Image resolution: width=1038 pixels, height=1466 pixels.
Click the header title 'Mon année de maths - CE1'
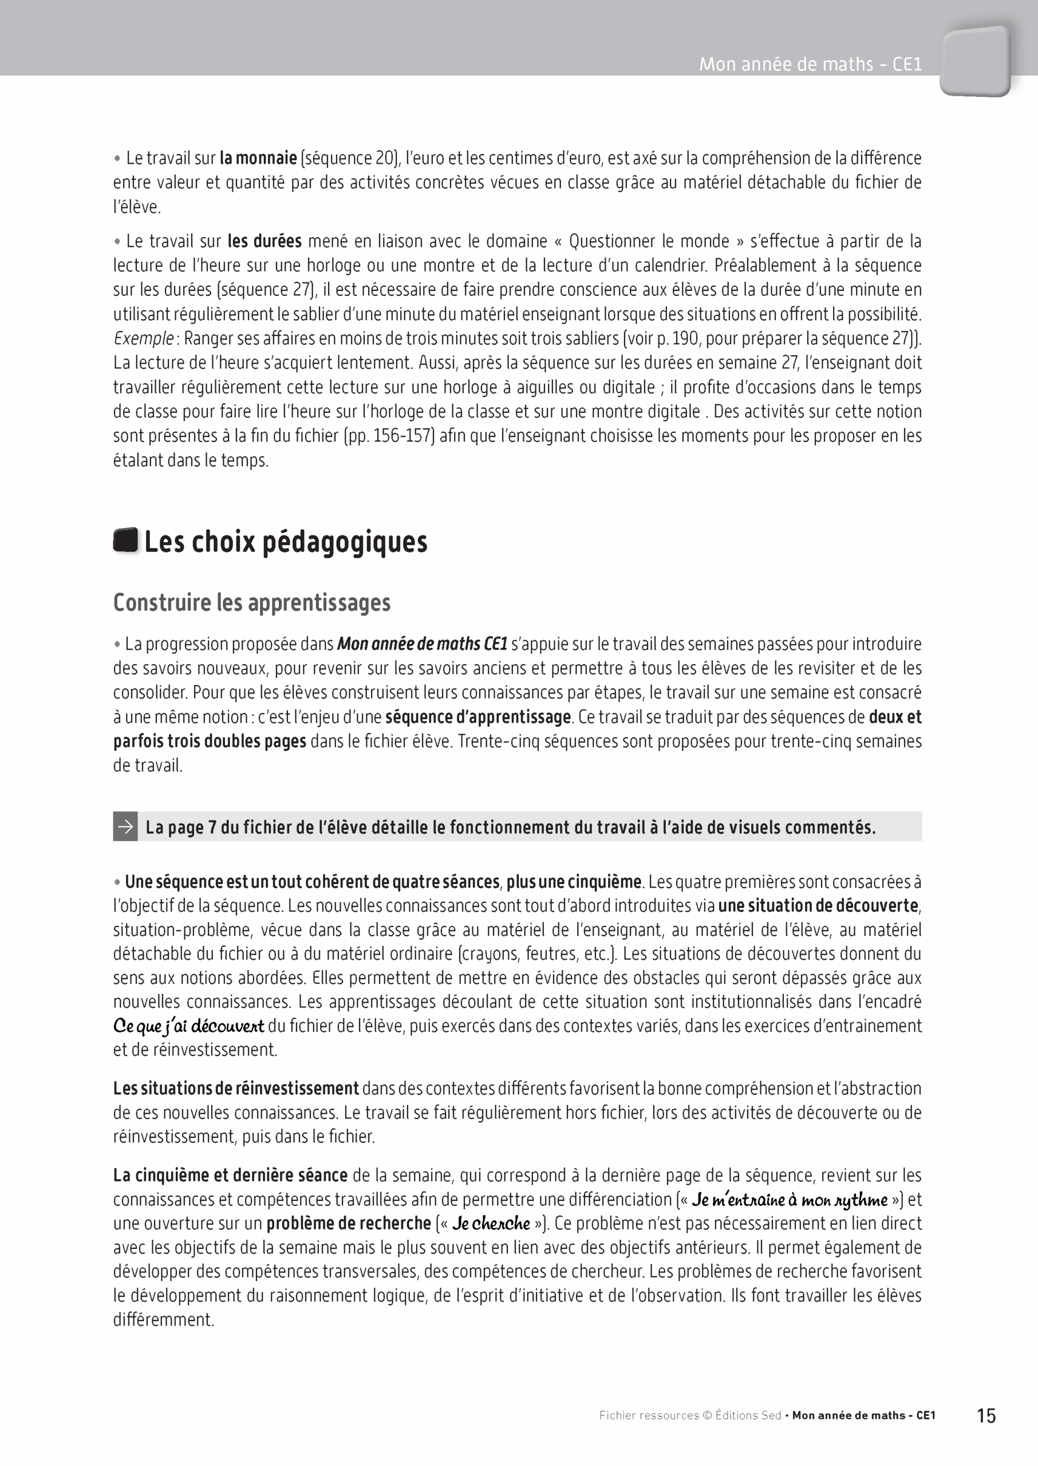810,65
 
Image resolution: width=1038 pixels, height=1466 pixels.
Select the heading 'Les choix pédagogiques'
286,542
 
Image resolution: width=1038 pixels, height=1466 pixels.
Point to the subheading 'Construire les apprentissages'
252,603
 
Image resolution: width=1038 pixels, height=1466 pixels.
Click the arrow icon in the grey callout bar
126,827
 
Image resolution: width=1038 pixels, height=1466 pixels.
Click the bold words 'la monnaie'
258,158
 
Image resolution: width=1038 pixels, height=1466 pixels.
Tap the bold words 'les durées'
265,241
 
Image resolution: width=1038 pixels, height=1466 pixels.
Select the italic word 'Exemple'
143,338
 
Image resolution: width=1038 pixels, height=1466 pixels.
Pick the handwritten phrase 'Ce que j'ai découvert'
188,1026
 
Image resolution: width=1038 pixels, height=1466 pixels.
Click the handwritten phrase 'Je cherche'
491,1223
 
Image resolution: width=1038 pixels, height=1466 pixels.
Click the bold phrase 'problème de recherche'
348,1223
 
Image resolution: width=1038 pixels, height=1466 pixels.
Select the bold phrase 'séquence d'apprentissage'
477,717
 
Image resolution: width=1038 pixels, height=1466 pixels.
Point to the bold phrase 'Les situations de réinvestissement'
236,1088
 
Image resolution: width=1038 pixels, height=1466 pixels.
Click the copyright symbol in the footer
707,1416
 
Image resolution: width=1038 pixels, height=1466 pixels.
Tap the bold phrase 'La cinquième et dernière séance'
230,1175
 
